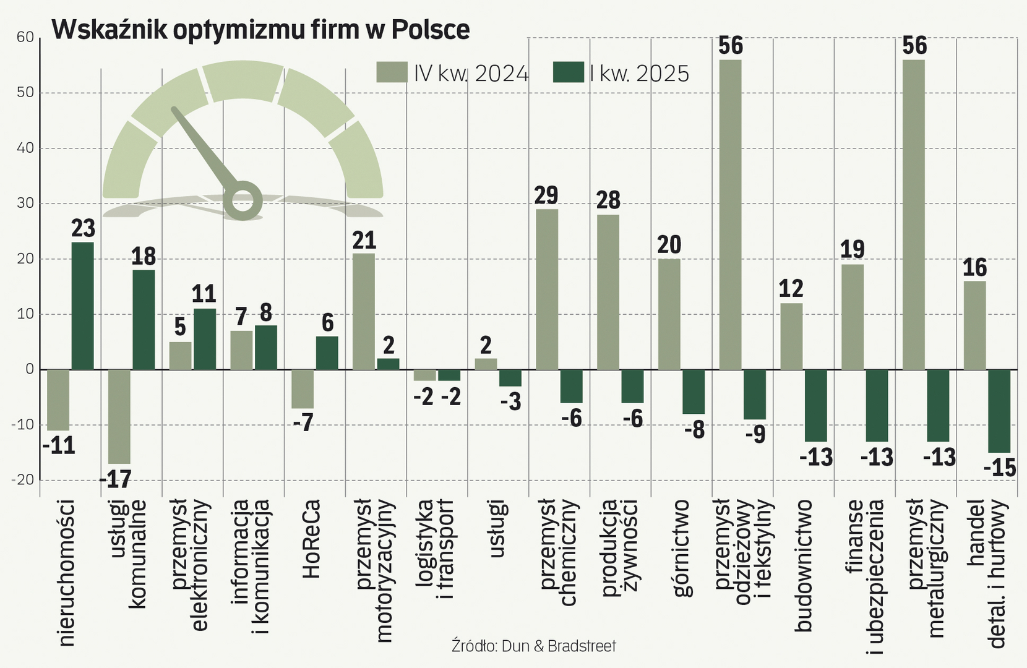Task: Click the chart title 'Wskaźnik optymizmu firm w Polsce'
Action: (x=260, y=29)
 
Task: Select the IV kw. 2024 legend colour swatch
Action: (x=392, y=72)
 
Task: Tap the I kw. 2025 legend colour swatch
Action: (x=568, y=72)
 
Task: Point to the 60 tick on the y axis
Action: (x=25, y=37)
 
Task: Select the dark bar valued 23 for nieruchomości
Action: (x=82, y=306)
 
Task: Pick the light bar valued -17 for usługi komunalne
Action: (x=119, y=416)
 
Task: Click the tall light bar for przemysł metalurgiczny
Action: (x=914, y=215)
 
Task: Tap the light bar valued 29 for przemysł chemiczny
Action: (x=547, y=289)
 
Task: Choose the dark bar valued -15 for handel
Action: (x=999, y=411)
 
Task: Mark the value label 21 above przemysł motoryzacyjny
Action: (x=364, y=240)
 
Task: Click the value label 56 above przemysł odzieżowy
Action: (x=731, y=46)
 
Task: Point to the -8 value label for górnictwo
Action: (x=695, y=429)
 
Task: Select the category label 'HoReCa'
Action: (x=312, y=538)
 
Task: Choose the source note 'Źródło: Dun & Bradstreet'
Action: (x=534, y=646)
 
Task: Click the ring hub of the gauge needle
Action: (x=243, y=200)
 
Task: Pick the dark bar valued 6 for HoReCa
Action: (x=327, y=353)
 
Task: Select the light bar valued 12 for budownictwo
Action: (x=791, y=336)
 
